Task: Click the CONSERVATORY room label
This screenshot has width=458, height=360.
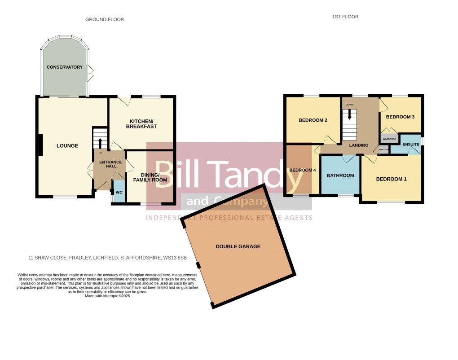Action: (65, 67)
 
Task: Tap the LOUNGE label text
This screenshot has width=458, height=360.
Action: (67, 146)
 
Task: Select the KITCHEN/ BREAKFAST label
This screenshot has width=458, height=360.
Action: (143, 124)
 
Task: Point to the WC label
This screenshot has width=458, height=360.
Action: (119, 192)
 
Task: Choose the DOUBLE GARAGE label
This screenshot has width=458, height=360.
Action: (238, 246)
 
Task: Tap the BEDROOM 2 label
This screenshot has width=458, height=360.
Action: (313, 120)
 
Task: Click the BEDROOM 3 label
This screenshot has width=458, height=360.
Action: (400, 117)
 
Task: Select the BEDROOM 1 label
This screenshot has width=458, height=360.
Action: (391, 179)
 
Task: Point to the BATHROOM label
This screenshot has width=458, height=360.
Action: (340, 176)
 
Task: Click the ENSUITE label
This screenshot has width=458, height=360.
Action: (411, 145)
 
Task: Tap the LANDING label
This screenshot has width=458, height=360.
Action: (359, 145)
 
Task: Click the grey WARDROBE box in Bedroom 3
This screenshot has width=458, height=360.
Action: (389, 139)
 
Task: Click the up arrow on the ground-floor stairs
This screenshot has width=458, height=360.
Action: (100, 143)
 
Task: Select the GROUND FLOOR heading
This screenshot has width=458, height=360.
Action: (105, 19)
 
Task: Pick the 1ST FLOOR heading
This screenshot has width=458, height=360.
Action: (345, 17)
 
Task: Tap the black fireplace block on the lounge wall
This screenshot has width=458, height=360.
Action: (40, 145)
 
